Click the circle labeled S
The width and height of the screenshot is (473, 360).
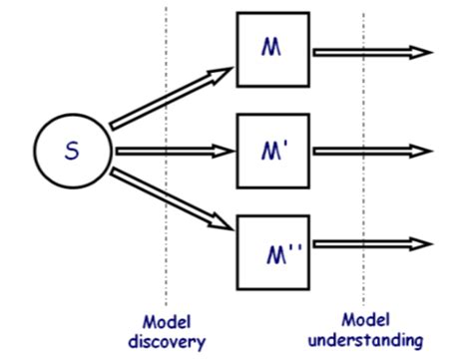(x=71, y=152)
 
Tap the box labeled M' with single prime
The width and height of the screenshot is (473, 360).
(x=272, y=152)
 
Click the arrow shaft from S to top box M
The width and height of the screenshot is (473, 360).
(x=160, y=103)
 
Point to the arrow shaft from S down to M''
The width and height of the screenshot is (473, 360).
(x=160, y=196)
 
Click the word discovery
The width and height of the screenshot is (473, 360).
(x=167, y=342)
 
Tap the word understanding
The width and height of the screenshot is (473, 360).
(x=364, y=341)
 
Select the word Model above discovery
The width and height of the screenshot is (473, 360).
(x=166, y=323)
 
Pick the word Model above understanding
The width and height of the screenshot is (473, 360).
(x=364, y=321)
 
